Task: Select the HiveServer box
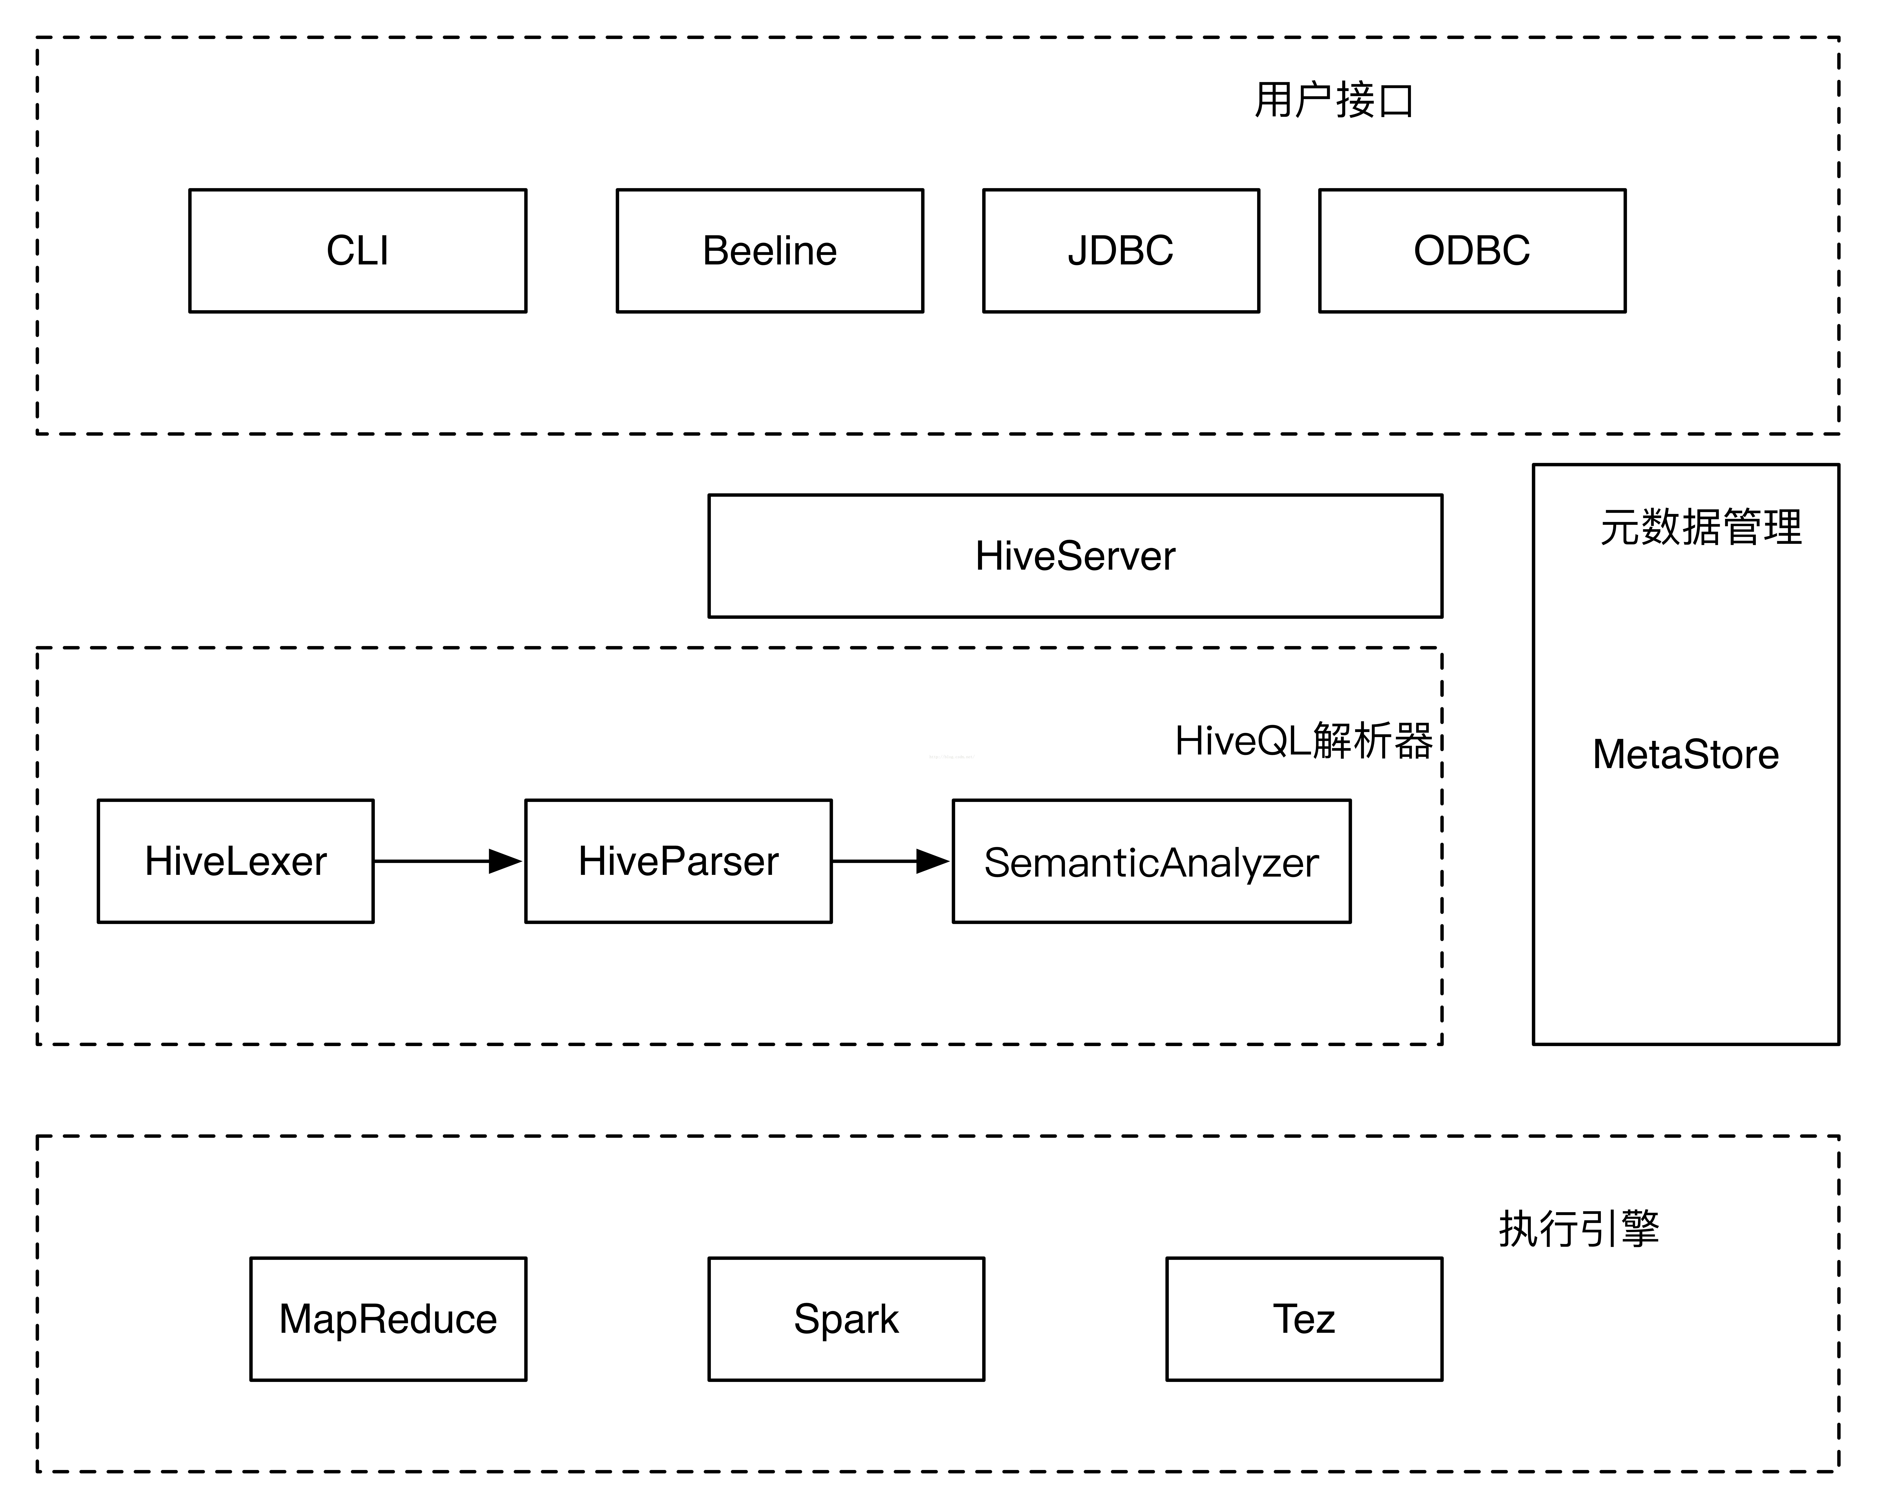tap(1075, 556)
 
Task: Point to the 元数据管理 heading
tap(1701, 527)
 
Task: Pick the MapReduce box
tap(389, 1319)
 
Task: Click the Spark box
tap(846, 1319)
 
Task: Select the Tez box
tap(1304, 1319)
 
